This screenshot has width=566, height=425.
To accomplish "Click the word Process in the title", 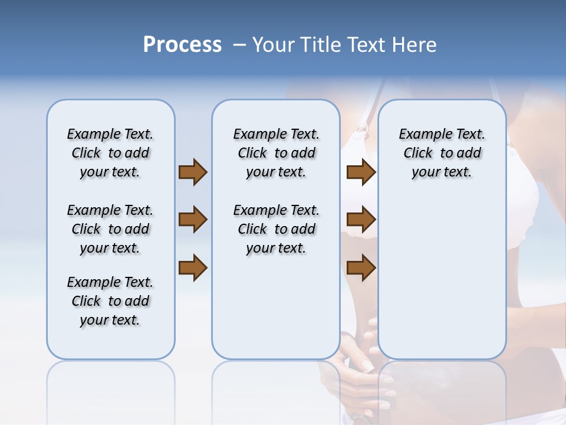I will pyautogui.click(x=182, y=45).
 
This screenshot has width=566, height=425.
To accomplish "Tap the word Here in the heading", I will pyautogui.click(x=415, y=45).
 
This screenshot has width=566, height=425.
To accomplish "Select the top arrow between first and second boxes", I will pyautogui.click(x=193, y=172).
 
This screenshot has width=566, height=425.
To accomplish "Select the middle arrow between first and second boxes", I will pyautogui.click(x=193, y=220).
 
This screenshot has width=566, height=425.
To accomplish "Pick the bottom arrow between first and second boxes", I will pyautogui.click(x=193, y=267).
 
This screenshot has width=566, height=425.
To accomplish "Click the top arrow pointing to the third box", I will pyautogui.click(x=361, y=172).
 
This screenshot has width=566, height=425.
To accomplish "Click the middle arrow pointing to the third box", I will pyautogui.click(x=361, y=220).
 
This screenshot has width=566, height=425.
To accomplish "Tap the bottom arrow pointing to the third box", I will pyautogui.click(x=361, y=267).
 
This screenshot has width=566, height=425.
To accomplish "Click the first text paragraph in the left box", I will pyautogui.click(x=110, y=153).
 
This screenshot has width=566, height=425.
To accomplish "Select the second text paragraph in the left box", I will pyautogui.click(x=110, y=229).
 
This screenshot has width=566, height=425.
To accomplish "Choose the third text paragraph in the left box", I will pyautogui.click(x=110, y=301).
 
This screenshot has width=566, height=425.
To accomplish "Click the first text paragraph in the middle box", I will pyautogui.click(x=276, y=153).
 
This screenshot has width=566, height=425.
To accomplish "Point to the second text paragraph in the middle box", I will pyautogui.click(x=276, y=229).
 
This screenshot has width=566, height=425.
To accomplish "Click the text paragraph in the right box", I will pyautogui.click(x=442, y=153).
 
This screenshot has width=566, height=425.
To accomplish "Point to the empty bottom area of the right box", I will pyautogui.click(x=442, y=283).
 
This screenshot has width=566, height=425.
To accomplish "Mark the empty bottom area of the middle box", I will pyautogui.click(x=276, y=313).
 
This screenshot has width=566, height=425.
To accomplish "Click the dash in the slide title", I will pyautogui.click(x=239, y=45).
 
